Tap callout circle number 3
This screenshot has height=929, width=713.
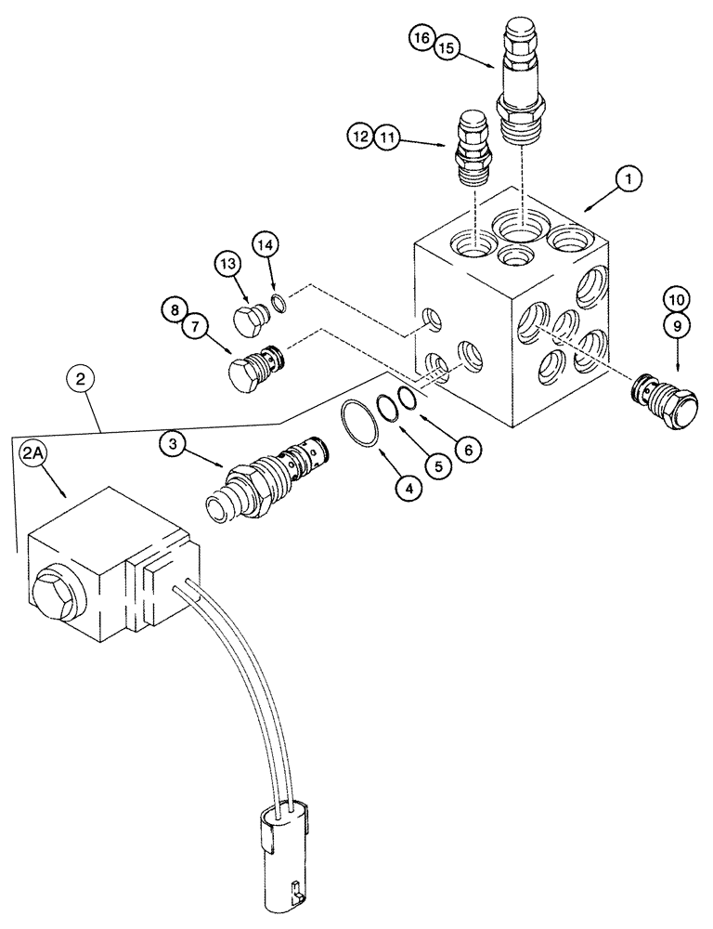click(174, 443)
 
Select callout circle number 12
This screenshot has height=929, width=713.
click(360, 137)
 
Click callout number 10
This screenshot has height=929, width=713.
click(676, 299)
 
